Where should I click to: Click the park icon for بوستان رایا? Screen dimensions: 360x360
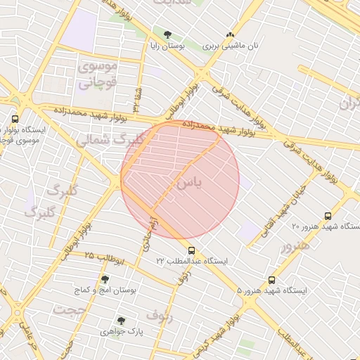[167, 34]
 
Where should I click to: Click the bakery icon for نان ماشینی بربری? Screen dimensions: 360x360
[230, 34]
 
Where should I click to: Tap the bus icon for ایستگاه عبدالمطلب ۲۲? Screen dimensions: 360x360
[191, 250]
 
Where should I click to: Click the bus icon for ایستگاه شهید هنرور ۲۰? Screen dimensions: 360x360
[328, 216]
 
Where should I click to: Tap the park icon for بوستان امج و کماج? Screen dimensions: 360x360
[105, 279]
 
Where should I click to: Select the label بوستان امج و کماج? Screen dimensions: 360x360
[113, 290]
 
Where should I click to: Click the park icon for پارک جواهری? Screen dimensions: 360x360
[121, 320]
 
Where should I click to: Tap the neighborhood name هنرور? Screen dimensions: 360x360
[295, 247]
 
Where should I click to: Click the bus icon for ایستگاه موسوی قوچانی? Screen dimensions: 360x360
[15, 120]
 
